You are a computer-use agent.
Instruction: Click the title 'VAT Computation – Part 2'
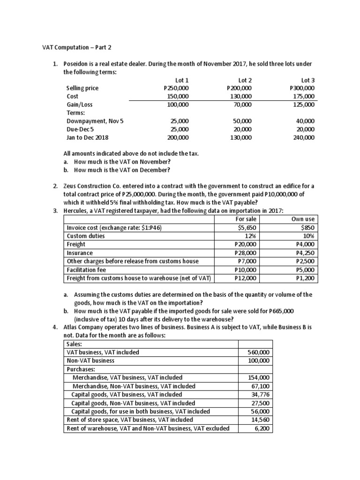(x=75, y=47)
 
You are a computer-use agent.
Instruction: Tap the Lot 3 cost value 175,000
(x=303, y=96)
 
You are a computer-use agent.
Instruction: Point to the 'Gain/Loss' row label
(x=80, y=105)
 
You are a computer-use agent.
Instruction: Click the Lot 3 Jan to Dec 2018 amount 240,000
(x=303, y=138)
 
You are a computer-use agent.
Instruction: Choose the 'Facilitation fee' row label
(x=86, y=270)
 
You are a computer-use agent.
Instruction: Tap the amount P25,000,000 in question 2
(x=147, y=194)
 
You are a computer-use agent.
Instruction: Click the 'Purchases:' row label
(x=80, y=369)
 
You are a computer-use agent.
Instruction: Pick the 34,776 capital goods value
(x=261, y=394)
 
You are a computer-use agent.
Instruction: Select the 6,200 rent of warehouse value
(x=262, y=428)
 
